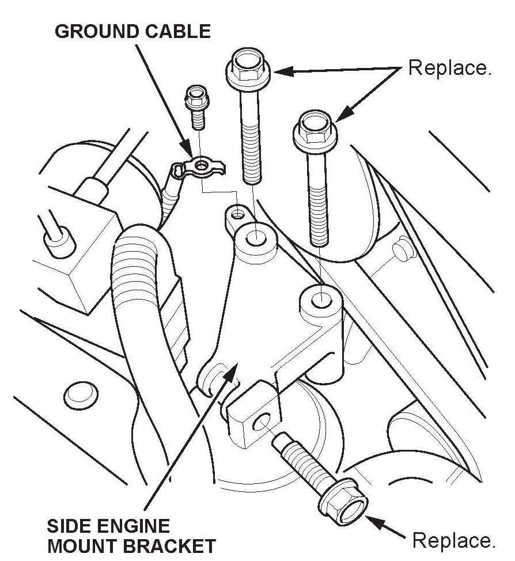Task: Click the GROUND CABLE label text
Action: point(132,31)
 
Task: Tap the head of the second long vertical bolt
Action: point(315,127)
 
